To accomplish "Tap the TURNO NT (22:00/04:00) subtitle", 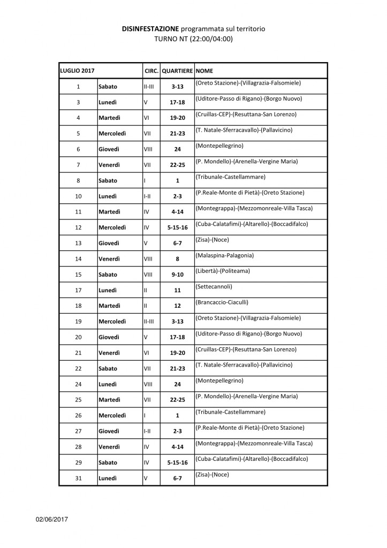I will tap(193, 39).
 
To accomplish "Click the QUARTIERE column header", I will tap(177, 71).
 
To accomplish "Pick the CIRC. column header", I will tap(151, 71).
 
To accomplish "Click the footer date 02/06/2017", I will tap(52, 519).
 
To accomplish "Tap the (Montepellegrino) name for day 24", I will tap(219, 380).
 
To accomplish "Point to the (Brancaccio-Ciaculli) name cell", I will tap(222, 302).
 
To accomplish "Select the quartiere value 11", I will tap(177, 291).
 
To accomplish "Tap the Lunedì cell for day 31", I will tap(108, 478).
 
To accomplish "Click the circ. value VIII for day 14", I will tap(149, 259).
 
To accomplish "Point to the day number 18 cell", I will tap(78, 306).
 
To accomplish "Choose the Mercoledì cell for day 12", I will tap(112, 228).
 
